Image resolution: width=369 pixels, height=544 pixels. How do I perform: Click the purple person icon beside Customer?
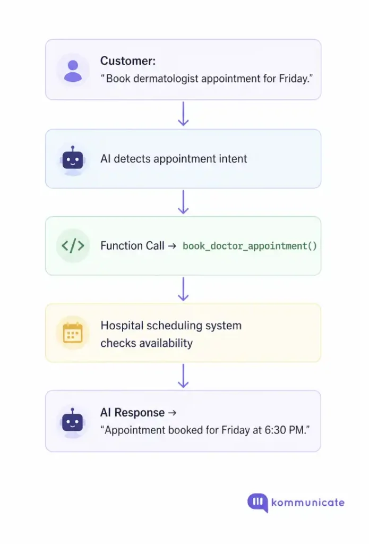click(x=73, y=70)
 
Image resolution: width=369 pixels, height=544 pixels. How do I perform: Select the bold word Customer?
click(x=128, y=61)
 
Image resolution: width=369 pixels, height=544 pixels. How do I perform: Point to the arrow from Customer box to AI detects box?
click(x=183, y=114)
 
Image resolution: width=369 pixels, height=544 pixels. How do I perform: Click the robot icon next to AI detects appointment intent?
click(x=73, y=159)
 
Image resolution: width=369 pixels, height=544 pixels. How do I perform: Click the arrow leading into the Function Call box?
click(x=183, y=202)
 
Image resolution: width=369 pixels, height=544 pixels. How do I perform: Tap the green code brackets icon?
click(x=73, y=245)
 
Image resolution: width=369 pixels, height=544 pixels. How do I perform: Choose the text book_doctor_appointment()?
click(x=250, y=246)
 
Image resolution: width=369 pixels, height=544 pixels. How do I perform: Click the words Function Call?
click(x=132, y=246)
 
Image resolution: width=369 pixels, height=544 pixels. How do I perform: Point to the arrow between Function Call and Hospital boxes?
click(x=183, y=289)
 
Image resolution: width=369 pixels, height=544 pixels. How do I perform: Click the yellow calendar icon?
click(x=73, y=333)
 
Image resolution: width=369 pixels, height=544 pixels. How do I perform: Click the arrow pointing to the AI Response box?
click(x=183, y=376)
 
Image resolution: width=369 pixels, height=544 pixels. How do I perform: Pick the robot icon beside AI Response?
click(x=73, y=421)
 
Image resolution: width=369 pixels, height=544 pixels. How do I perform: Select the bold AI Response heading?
click(x=132, y=413)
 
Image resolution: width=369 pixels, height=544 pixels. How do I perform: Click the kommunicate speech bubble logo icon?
click(x=258, y=502)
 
